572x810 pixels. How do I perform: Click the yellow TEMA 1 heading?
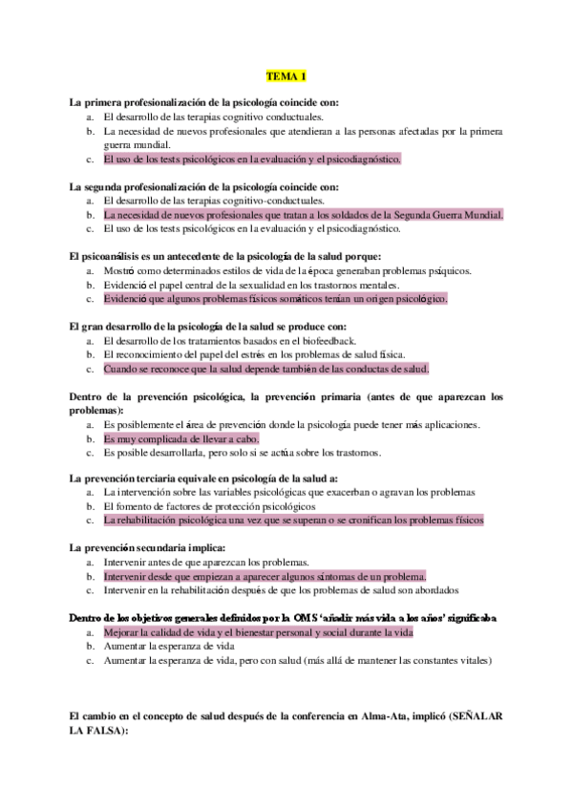(286, 75)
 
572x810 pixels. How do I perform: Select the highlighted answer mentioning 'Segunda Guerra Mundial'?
(303, 215)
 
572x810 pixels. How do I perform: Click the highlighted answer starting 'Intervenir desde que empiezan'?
(265, 577)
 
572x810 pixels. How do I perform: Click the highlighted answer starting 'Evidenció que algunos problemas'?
(275, 298)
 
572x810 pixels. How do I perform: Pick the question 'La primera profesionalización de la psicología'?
(204, 101)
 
